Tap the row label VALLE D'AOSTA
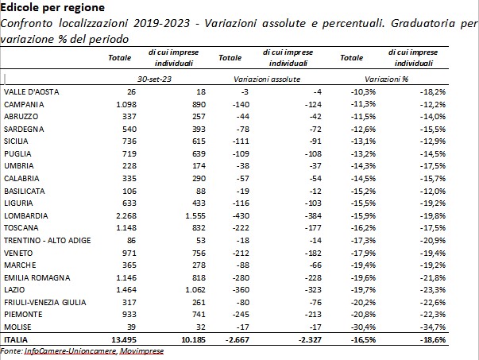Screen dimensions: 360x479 pos(29,92)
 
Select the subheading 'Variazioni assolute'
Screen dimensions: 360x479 pos(267,80)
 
